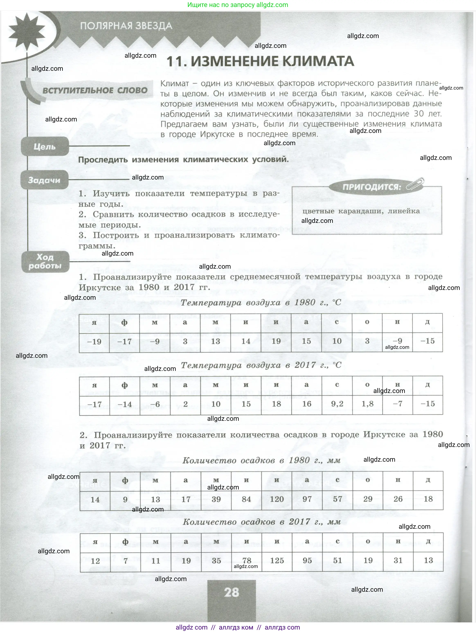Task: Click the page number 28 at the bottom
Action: pos(231,592)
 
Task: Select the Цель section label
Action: pos(45,147)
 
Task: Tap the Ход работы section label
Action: pos(45,262)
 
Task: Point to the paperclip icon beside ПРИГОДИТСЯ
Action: pos(415,184)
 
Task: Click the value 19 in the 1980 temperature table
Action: pos(276,341)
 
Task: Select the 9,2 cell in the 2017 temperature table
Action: pos(337,404)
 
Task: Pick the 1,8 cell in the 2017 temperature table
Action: pos(367,404)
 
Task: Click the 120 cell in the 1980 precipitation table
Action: pos(277,499)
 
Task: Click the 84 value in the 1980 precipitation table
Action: pos(246,499)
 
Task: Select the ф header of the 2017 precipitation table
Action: pos(125,542)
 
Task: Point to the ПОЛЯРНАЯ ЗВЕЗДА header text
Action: pos(126,26)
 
